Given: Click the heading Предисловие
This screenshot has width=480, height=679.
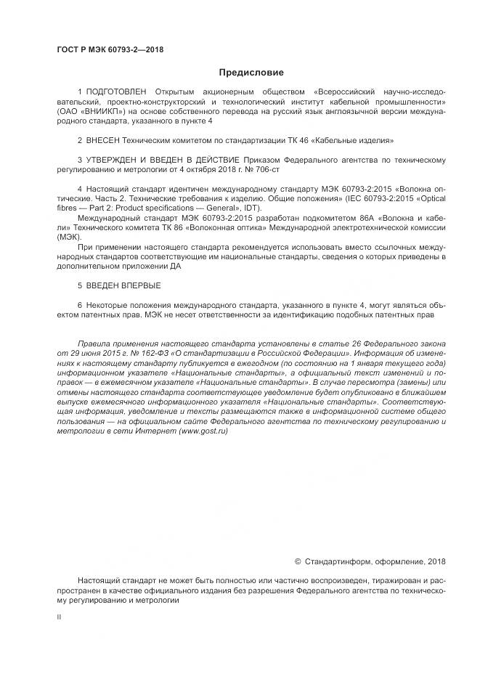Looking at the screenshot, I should (251, 73).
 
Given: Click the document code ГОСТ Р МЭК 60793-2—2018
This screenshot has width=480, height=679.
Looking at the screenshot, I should (110, 49).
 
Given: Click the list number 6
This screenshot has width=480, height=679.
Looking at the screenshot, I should (80, 306).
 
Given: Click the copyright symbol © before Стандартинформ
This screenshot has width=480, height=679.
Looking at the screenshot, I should (298, 561).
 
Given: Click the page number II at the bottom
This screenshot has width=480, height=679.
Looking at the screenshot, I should (59, 616).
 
